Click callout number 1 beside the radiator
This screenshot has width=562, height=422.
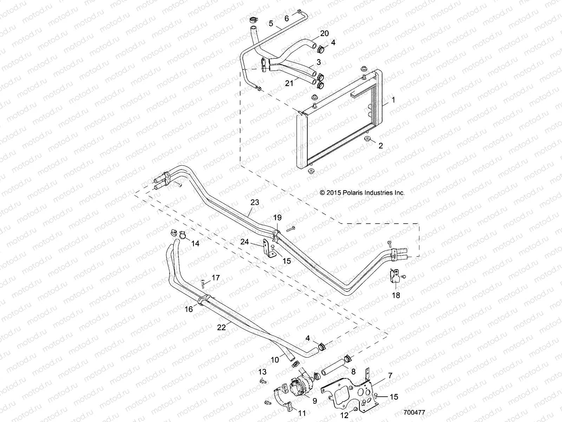(x=393, y=100)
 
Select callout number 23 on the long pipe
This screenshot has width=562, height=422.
(x=255, y=202)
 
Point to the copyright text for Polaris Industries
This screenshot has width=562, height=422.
(x=362, y=193)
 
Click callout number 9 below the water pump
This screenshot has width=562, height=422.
(x=314, y=400)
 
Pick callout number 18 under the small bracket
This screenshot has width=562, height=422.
(x=396, y=295)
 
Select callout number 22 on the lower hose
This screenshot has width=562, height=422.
(x=221, y=327)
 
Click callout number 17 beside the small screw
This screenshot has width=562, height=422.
(x=215, y=278)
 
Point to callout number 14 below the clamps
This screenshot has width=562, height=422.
(x=195, y=243)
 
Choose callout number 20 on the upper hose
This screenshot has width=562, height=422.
(x=324, y=33)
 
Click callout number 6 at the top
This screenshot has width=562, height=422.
(x=287, y=18)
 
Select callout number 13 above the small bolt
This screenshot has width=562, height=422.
(x=262, y=372)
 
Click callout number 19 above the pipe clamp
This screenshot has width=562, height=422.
(x=278, y=218)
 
